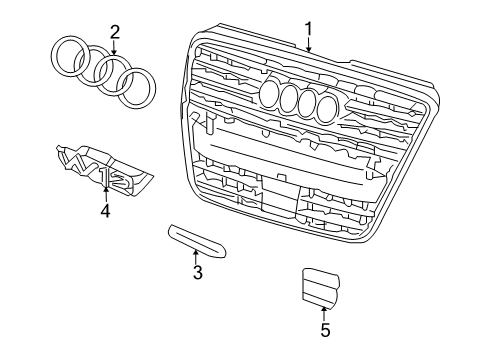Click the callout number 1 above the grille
309,29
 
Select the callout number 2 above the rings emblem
114,32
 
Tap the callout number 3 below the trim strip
198,272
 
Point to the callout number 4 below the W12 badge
105,211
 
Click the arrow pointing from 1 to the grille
309,45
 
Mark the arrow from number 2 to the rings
114,47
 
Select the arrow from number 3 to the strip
196,257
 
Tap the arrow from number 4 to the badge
106,195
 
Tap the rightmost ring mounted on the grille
326,108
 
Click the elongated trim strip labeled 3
197,240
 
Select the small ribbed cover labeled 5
321,287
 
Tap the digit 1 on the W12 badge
106,176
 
